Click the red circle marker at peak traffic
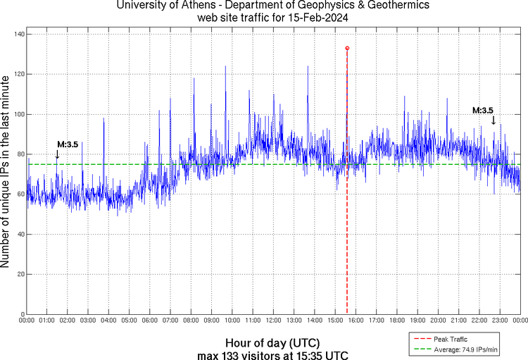click(x=347, y=48)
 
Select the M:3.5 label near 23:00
click(x=482, y=111)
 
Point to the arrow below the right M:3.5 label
click(x=494, y=120)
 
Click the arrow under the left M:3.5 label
click(x=57, y=154)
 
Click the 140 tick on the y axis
click(x=19, y=34)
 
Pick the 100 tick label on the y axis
click(x=19, y=114)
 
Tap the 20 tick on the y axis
click(x=21, y=274)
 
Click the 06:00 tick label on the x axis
click(x=150, y=321)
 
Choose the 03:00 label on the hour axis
click(x=88, y=321)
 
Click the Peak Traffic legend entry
click(x=451, y=339)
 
